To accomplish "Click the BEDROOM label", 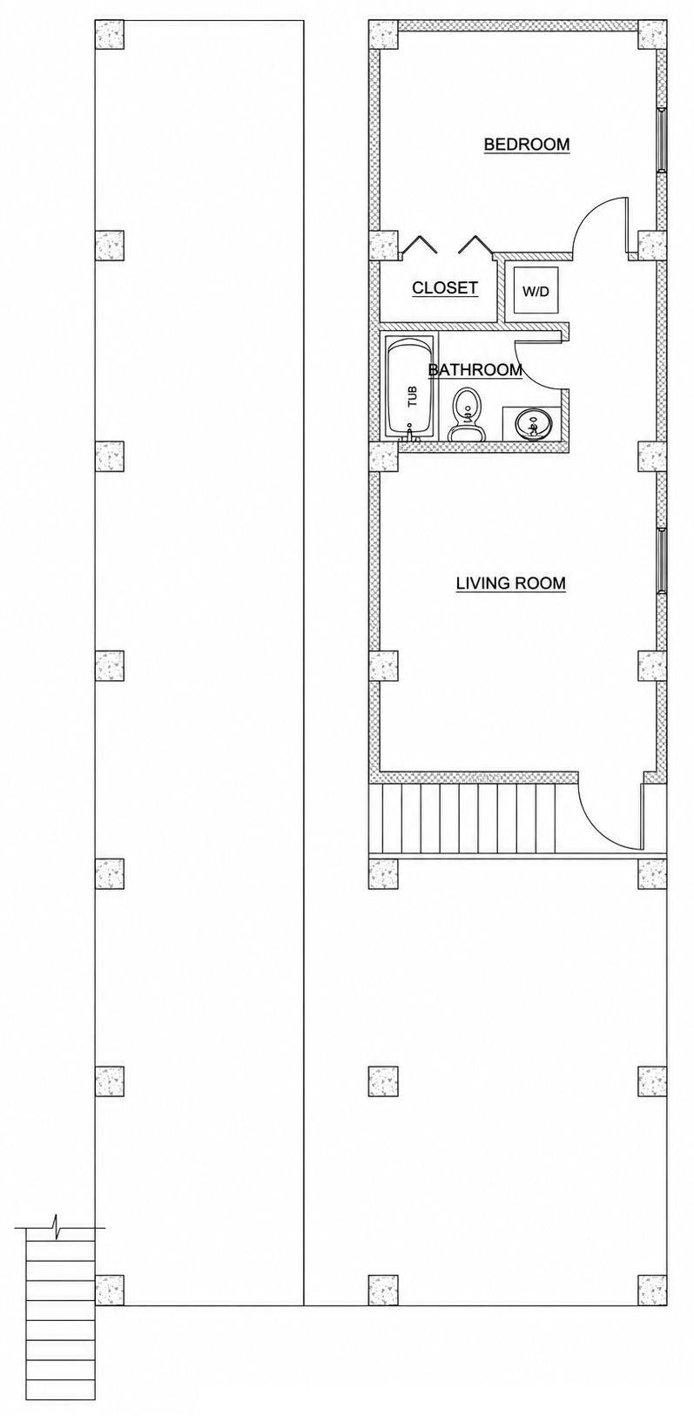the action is tap(526, 144).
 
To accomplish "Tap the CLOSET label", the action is tap(444, 287).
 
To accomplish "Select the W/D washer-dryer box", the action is tap(536, 291).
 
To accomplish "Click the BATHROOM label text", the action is tap(475, 369).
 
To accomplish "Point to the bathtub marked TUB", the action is tap(409, 388).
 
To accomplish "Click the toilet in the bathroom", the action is tap(467, 414).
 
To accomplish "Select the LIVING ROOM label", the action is tap(510, 583).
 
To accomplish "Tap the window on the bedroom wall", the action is tap(661, 139).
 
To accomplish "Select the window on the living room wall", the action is tap(661, 560).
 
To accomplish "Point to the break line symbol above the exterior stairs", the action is tap(59, 1227).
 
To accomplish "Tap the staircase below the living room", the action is tap(473, 819).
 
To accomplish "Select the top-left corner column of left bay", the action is tap(109, 34).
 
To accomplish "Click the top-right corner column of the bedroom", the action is tap(653, 34).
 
